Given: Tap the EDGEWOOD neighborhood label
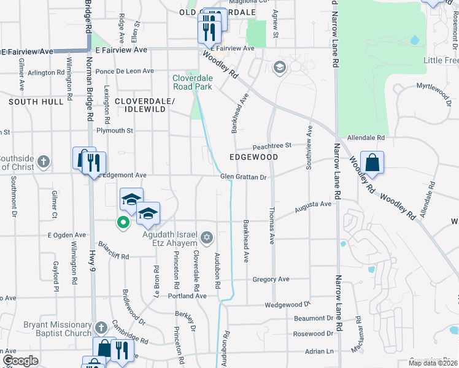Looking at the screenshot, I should click(x=253, y=157).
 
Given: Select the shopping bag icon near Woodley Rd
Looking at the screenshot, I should click(x=372, y=163).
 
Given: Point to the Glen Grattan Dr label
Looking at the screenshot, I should click(x=244, y=177).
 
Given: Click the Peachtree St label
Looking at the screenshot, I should click(x=272, y=146).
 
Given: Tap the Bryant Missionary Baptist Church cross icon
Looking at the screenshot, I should click(x=101, y=328).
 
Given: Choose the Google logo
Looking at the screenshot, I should click(x=20, y=360).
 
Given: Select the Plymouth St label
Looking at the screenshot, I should click(x=115, y=131).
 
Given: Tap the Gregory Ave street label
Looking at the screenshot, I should click(x=271, y=279).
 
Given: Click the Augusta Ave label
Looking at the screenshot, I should click(x=312, y=204).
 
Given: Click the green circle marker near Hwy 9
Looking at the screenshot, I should click(x=123, y=223).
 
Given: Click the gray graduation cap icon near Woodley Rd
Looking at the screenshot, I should click(x=280, y=67).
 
